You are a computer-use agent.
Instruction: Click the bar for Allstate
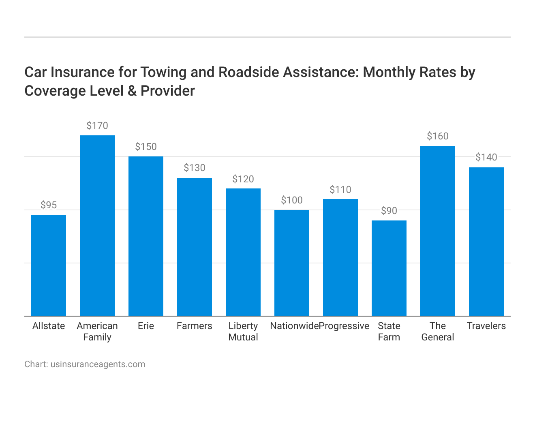49,265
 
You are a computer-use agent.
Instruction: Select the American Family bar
97,226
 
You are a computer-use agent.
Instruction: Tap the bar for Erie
146,236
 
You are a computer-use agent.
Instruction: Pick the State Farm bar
389,268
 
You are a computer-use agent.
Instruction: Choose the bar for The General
438,231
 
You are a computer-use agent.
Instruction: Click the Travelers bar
486,242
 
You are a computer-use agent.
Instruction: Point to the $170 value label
97,126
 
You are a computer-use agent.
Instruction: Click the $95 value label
49,205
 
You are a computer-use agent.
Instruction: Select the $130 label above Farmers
195,168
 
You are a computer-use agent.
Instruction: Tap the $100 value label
292,200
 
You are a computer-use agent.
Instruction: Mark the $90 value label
389,211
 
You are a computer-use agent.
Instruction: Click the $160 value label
438,136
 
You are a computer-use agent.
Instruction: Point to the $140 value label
486,157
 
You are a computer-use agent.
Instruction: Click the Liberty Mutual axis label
243,331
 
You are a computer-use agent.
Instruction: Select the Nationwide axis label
294,326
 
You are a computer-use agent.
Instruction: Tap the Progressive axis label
344,326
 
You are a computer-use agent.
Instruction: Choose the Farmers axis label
195,326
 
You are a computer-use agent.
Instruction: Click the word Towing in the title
160,72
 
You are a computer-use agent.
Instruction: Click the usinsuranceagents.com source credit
98,364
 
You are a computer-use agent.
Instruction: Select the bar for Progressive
340,257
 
